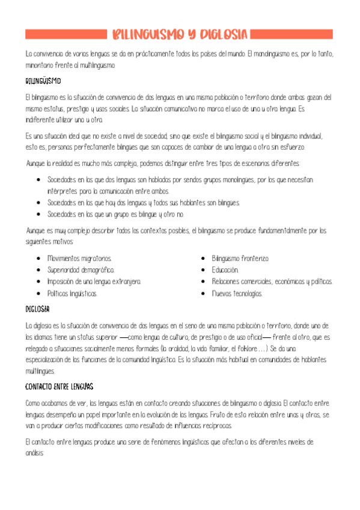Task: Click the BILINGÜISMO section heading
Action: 43,80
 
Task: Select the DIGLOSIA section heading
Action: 37,309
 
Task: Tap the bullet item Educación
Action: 225,270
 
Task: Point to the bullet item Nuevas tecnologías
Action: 237,293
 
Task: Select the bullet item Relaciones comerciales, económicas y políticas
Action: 272,281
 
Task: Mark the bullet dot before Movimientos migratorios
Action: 38,258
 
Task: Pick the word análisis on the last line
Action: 35,454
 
